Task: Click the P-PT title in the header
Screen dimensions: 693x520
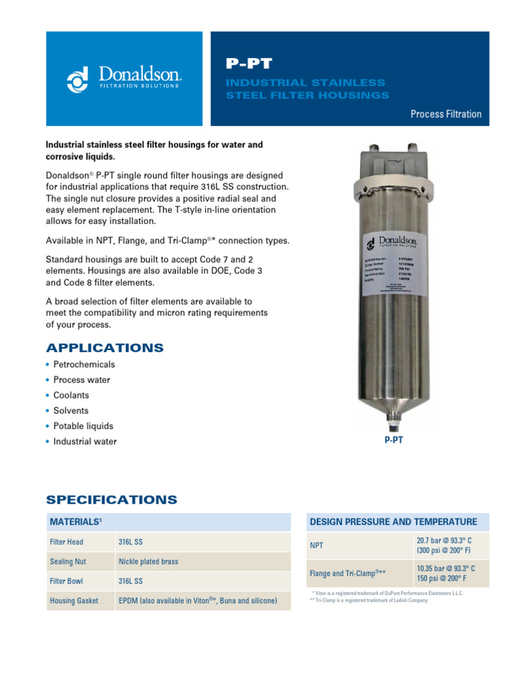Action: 248,64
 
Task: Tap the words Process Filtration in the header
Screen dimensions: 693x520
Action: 446,114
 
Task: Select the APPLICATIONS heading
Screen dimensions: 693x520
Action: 104,348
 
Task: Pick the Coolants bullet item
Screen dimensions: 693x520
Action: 71,395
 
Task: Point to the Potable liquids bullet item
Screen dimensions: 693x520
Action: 83,426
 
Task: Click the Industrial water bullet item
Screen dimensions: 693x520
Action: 85,442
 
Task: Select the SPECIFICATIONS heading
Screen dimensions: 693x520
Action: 111,500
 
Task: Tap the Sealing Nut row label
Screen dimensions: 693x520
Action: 68,562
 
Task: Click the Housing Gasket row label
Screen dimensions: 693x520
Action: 74,600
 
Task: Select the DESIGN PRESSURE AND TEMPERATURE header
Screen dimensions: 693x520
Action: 393,522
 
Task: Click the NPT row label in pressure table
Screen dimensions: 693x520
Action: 317,545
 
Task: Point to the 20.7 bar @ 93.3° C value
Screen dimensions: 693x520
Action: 445,539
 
